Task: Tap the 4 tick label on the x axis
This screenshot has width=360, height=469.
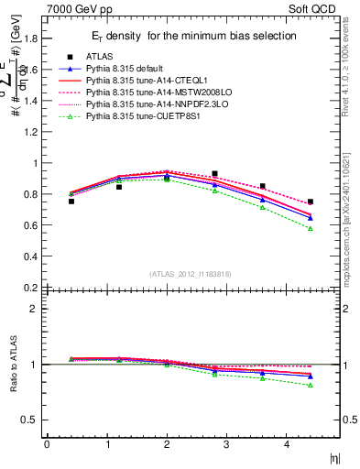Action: (x=288, y=444)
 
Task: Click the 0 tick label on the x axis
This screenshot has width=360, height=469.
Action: (x=47, y=444)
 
